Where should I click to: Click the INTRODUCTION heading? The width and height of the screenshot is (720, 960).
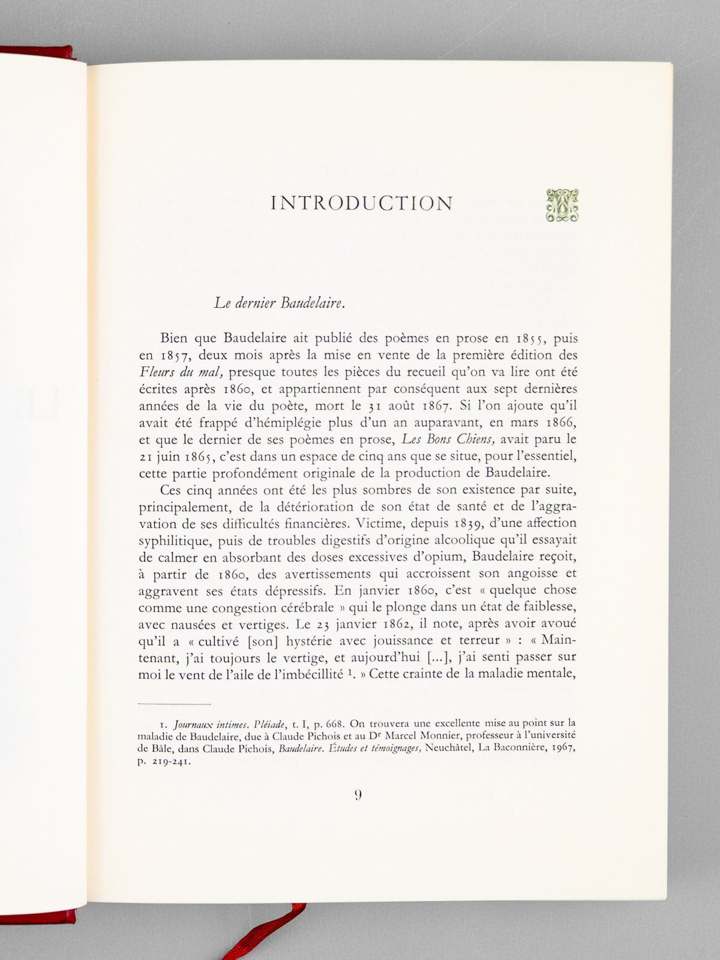pyautogui.click(x=362, y=203)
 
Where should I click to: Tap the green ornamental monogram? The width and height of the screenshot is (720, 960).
pyautogui.click(x=562, y=205)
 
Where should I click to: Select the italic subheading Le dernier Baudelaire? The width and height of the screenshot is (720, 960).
pyautogui.click(x=280, y=303)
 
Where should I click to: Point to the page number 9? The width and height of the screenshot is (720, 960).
pyautogui.click(x=358, y=796)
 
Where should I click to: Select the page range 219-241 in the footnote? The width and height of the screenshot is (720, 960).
pyautogui.click(x=170, y=763)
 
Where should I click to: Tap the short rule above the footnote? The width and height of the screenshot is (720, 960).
pyautogui.click(x=175, y=704)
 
